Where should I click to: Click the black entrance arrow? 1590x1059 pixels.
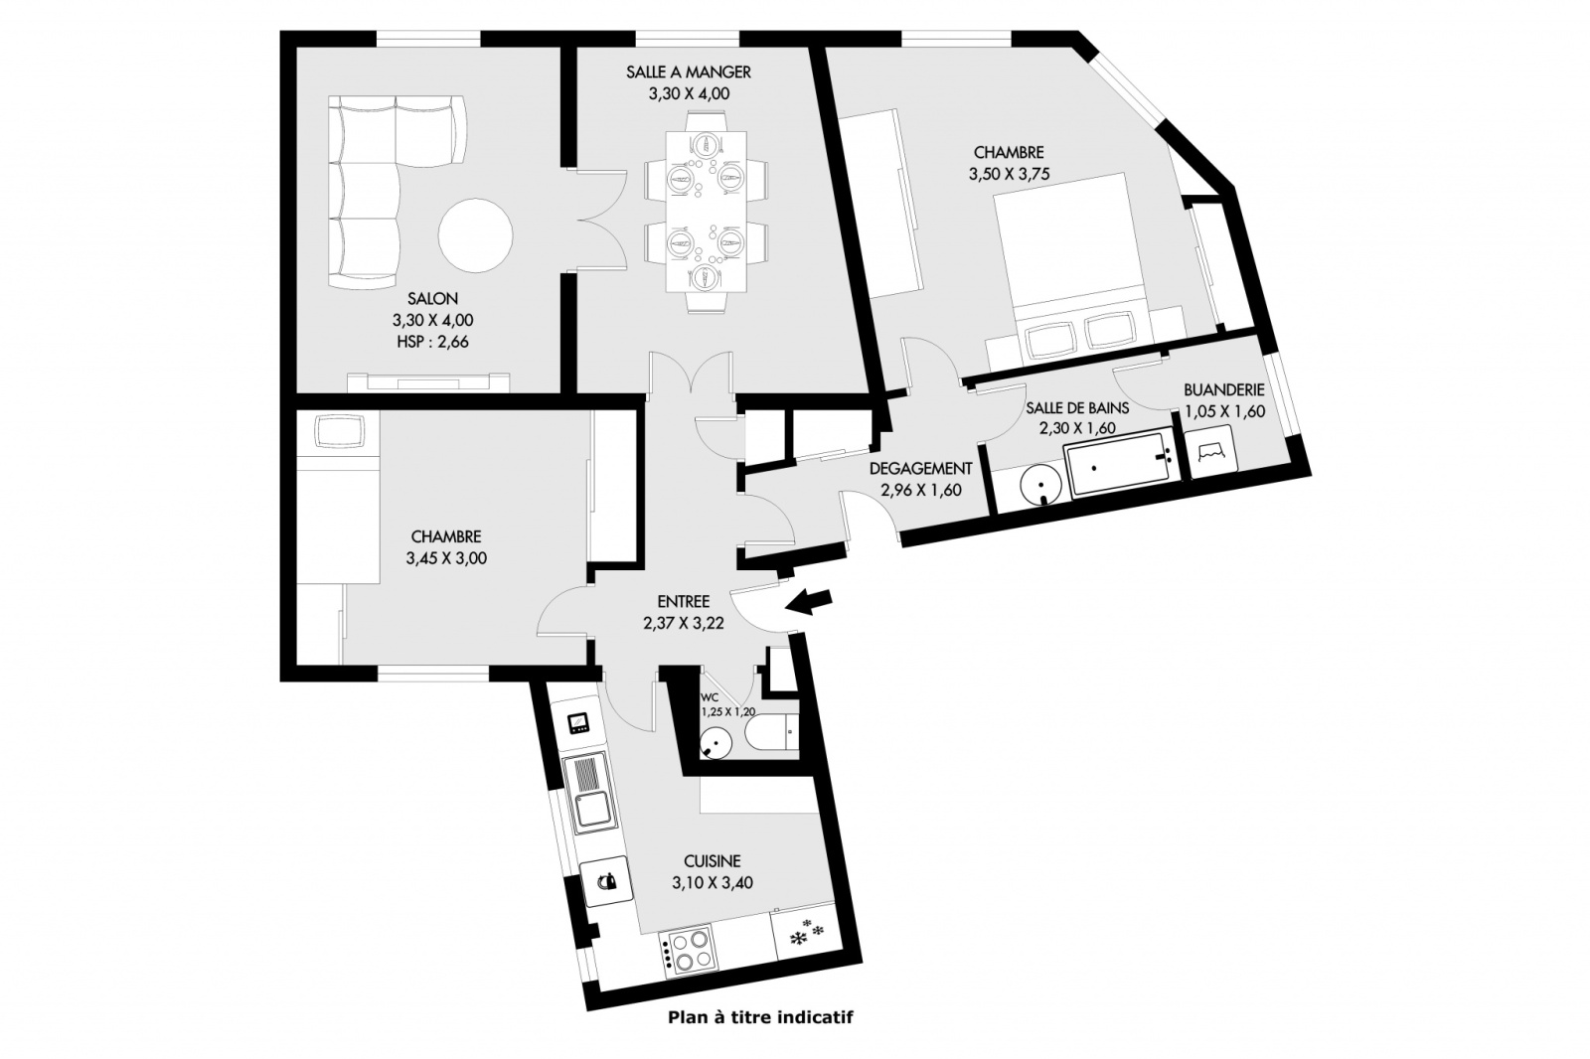[809, 602]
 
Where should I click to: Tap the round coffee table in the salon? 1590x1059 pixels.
[475, 235]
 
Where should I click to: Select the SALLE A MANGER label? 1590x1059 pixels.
[689, 72]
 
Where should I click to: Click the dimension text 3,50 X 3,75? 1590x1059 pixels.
[1009, 174]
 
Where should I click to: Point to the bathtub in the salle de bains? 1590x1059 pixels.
[1119, 463]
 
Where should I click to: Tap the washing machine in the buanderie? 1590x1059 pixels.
[1212, 450]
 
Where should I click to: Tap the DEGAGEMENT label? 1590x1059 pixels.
[920, 469]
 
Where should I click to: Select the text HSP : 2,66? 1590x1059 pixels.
[433, 342]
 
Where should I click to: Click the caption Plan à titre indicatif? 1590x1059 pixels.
[760, 1017]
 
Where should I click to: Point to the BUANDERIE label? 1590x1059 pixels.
[1224, 389]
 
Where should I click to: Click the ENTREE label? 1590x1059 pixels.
[684, 602]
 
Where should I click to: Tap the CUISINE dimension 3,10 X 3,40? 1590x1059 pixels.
[713, 883]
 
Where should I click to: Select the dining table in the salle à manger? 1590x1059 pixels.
[707, 212]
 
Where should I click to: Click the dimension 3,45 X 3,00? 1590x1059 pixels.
[446, 558]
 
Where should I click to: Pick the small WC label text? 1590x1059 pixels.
[710, 697]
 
